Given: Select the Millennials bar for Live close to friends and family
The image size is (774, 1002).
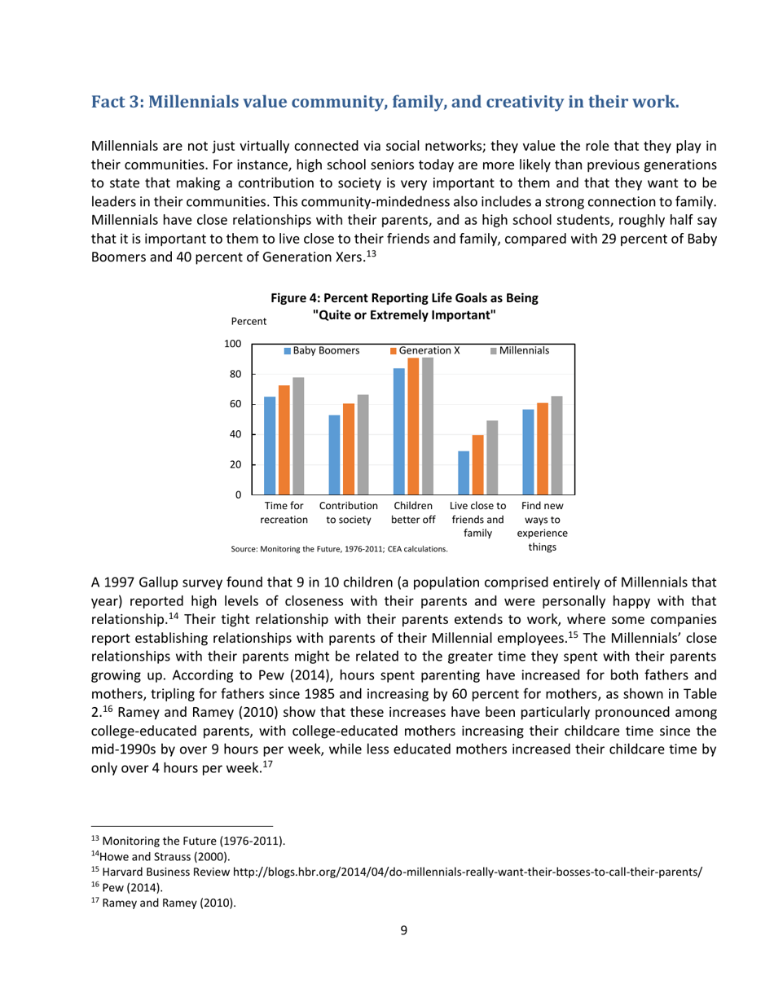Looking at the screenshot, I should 492,457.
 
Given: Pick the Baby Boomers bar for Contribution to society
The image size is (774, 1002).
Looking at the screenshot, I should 334,455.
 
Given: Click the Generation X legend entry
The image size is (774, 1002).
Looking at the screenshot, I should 424,350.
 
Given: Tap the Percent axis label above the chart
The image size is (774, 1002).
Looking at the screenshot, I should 249,322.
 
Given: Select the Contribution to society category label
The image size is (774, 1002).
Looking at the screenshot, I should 348,512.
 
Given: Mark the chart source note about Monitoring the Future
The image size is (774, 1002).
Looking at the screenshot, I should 339,550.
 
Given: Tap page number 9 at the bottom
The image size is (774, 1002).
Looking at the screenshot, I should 404,931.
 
